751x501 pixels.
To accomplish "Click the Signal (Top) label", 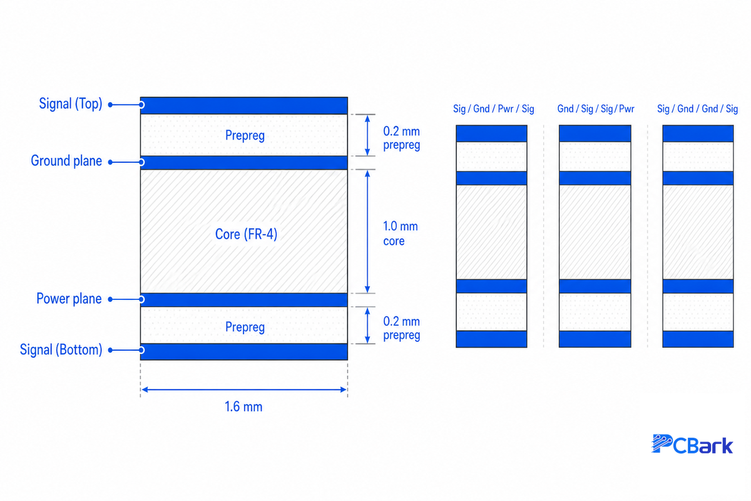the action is pyautogui.click(x=70, y=104).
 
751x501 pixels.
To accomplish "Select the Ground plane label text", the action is pyautogui.click(x=66, y=161).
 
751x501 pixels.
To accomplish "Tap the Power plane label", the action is pyautogui.click(x=69, y=299).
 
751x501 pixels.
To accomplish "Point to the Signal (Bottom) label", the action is pyautogui.click(x=61, y=349).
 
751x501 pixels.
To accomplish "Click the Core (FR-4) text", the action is pyautogui.click(x=246, y=234).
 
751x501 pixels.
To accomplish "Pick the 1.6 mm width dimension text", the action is pyautogui.click(x=243, y=406).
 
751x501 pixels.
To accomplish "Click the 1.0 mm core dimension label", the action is pyautogui.click(x=401, y=234).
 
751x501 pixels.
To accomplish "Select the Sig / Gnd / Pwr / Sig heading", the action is pyautogui.click(x=494, y=109).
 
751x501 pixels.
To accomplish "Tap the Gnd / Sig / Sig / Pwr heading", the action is pyautogui.click(x=596, y=109).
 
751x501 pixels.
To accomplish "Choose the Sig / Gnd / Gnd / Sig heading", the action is pyautogui.click(x=697, y=109).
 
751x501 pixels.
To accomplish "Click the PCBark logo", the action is pyautogui.click(x=692, y=444).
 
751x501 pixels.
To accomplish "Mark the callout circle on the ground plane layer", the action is pyautogui.click(x=141, y=162).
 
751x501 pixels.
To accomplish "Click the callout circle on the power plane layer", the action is pyautogui.click(x=141, y=299).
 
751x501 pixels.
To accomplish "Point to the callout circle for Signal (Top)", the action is pyautogui.click(x=141, y=105).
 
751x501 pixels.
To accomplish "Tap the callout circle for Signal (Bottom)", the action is pyautogui.click(x=141, y=350).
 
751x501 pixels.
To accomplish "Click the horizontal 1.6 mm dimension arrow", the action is pyautogui.click(x=244, y=390).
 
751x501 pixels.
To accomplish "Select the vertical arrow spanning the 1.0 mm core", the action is pyautogui.click(x=367, y=232).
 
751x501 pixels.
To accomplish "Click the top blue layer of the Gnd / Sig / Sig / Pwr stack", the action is pyautogui.click(x=595, y=133).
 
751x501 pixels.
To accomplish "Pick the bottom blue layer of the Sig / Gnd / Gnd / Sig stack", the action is pyautogui.click(x=698, y=339).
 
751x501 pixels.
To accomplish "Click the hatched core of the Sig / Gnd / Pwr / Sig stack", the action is pyautogui.click(x=491, y=232).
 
